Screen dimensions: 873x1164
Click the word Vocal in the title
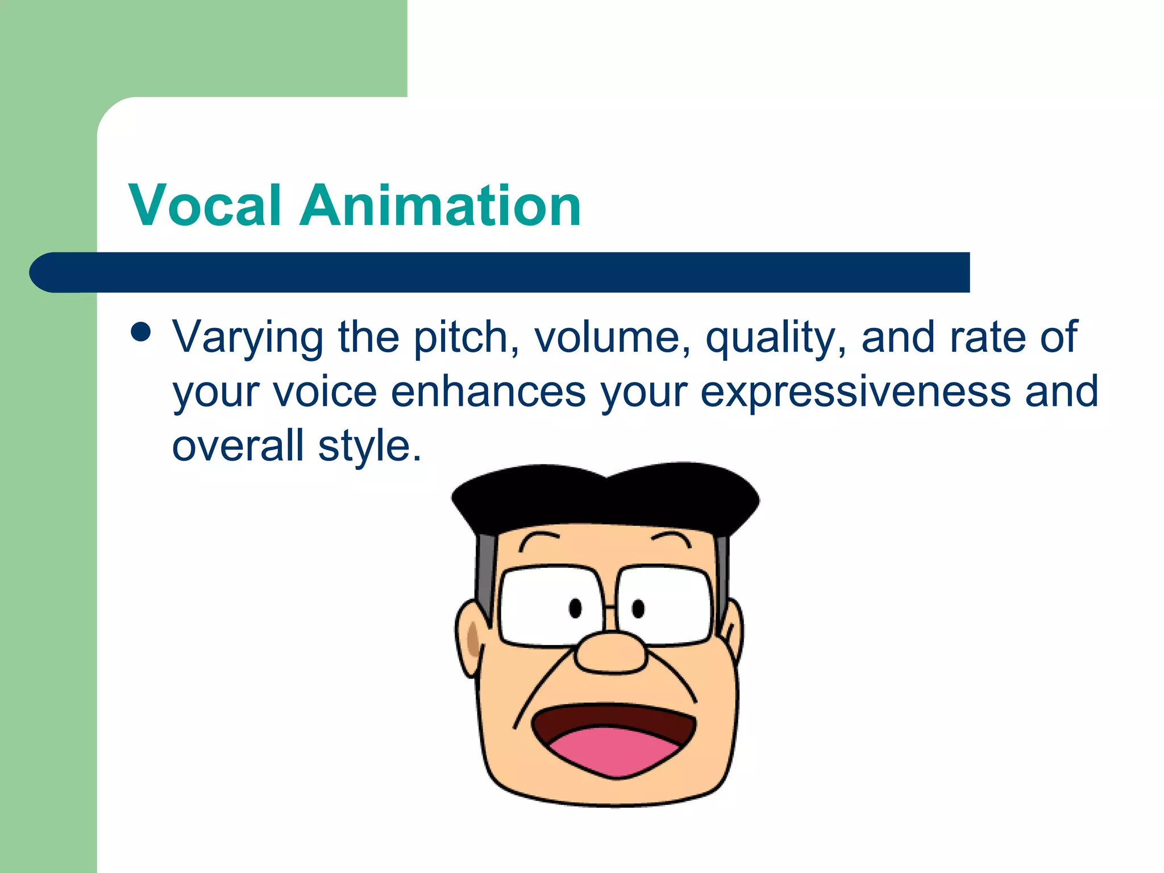pyautogui.click(x=205, y=206)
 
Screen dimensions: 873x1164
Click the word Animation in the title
pyautogui.click(x=440, y=206)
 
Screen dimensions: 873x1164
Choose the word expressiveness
pyautogui.click(x=855, y=392)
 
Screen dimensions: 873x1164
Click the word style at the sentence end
pyautogui.click(x=369, y=446)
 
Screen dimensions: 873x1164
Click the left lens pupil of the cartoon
pyautogui.click(x=575, y=608)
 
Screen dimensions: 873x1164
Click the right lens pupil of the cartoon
pyautogui.click(x=638, y=608)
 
